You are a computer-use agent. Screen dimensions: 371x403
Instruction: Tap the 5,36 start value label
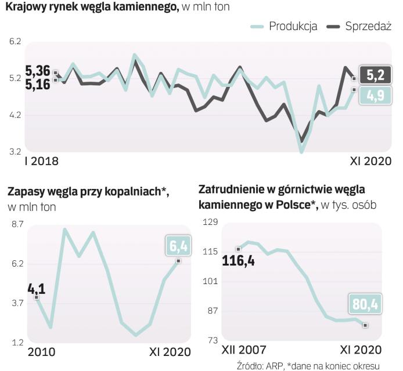coord(38,71)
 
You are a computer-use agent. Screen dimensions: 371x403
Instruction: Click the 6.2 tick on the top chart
coord(15,42)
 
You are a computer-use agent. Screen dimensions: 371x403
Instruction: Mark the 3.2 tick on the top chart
coord(15,152)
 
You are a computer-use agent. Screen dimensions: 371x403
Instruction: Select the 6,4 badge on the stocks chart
coord(179,246)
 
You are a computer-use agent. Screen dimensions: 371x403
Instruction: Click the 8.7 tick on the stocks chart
coord(17,223)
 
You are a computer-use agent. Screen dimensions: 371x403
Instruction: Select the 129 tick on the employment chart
coord(208,222)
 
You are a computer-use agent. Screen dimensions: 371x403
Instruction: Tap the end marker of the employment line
coord(365,325)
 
